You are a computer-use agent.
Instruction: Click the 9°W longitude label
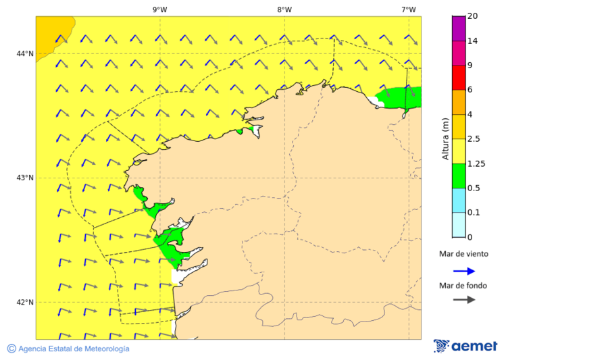point(160,9)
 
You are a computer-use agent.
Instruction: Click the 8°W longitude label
point(284,9)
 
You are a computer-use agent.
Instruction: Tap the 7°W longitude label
point(408,9)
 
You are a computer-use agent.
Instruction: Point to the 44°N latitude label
point(25,53)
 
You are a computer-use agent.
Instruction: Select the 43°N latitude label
point(25,178)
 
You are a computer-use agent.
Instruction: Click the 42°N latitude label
point(25,302)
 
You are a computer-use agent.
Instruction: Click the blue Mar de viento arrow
point(463,271)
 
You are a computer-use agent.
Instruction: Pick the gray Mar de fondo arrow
point(463,300)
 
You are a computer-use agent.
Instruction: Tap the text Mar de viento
point(463,255)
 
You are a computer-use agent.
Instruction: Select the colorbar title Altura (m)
point(445,138)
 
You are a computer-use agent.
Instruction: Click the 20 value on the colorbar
point(473,16)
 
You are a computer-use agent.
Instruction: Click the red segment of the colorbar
point(459,77)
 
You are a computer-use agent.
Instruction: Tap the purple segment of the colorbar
point(459,28)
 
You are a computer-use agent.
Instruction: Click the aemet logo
point(465,346)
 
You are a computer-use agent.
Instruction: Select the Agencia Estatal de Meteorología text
point(74,349)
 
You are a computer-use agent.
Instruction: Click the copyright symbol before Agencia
point(11,349)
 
